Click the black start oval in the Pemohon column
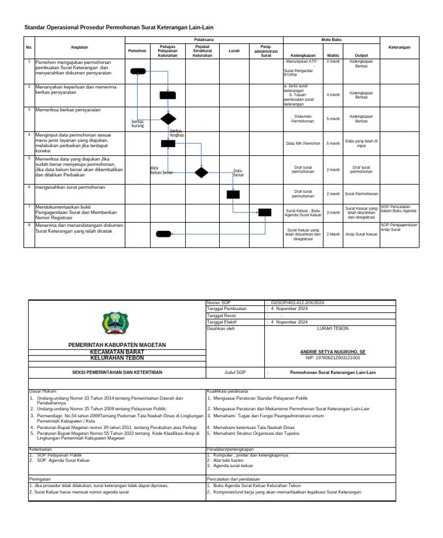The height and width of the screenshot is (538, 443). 138,71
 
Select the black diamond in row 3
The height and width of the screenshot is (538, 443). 168,119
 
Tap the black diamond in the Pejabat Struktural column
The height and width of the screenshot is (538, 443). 201,172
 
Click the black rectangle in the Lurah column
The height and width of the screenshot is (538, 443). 233,194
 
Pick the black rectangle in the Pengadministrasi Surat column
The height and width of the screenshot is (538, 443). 265,212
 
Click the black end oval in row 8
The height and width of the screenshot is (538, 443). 163,234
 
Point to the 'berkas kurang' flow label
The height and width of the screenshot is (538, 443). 138,124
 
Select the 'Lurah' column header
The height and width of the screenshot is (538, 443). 234,51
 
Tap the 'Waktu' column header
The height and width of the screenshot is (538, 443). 333,55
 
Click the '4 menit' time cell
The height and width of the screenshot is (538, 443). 333,95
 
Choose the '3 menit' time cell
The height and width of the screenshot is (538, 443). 333,212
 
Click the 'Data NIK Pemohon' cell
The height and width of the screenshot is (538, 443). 303,143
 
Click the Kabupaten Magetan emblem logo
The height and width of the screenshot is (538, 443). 112,323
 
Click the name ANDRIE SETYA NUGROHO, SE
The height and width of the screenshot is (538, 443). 333,352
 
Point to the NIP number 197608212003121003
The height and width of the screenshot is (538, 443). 333,358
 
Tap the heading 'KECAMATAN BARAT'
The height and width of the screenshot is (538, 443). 117,352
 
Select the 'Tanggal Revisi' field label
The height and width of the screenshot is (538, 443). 222,316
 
